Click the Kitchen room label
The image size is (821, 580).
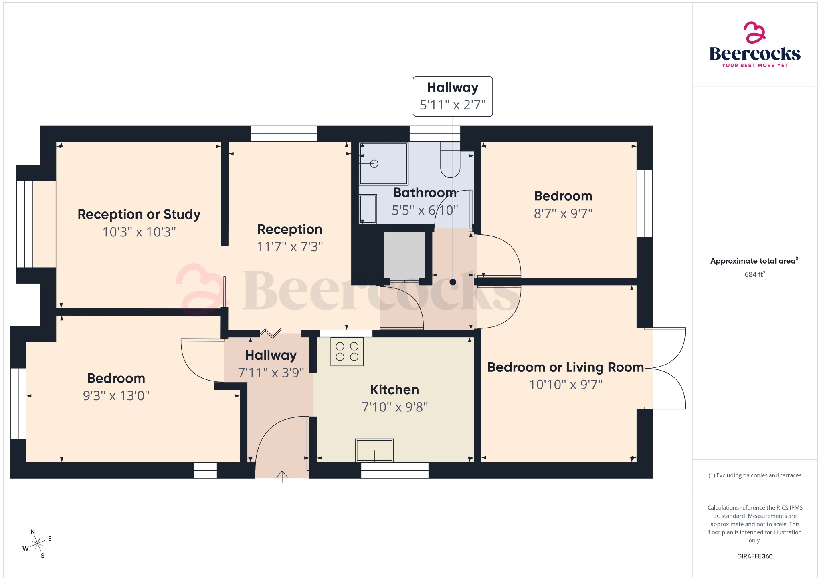pos(394,389)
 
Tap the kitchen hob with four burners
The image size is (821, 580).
pos(347,352)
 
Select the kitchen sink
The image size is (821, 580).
pos(374,451)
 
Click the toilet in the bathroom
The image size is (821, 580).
pos(450,160)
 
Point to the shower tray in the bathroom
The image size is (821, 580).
pos(384,163)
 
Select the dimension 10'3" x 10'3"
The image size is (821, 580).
pos(139,232)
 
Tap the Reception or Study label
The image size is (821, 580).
pos(139,214)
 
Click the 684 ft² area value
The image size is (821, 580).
pos(754,274)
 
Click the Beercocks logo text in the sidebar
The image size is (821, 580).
pos(754,54)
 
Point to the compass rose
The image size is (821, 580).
pos(38,544)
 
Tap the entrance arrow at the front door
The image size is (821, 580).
pos(282,476)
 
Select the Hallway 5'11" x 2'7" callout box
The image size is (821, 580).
pos(453,97)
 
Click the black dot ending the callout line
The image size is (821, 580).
pos(453,282)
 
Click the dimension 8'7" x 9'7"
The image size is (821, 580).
pos(563,213)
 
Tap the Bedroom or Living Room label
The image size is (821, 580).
pos(565,367)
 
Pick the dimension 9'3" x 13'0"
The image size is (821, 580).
pos(116,396)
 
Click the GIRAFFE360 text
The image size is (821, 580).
pos(754,556)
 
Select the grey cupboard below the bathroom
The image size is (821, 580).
pos(404,256)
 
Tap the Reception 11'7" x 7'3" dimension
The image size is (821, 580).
pos(290,247)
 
